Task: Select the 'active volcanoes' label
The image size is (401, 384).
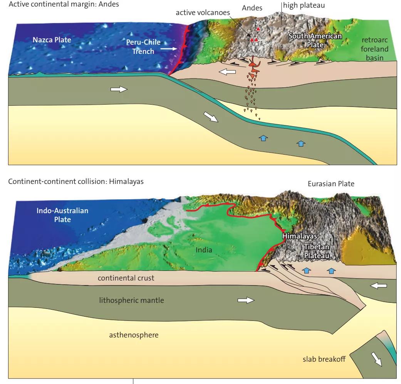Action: click(203, 13)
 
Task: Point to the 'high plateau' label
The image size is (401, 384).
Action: click(304, 6)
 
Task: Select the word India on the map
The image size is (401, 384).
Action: click(204, 250)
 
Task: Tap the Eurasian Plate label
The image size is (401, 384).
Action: click(331, 184)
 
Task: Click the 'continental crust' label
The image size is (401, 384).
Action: click(126, 278)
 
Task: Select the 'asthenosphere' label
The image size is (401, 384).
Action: click(134, 335)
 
